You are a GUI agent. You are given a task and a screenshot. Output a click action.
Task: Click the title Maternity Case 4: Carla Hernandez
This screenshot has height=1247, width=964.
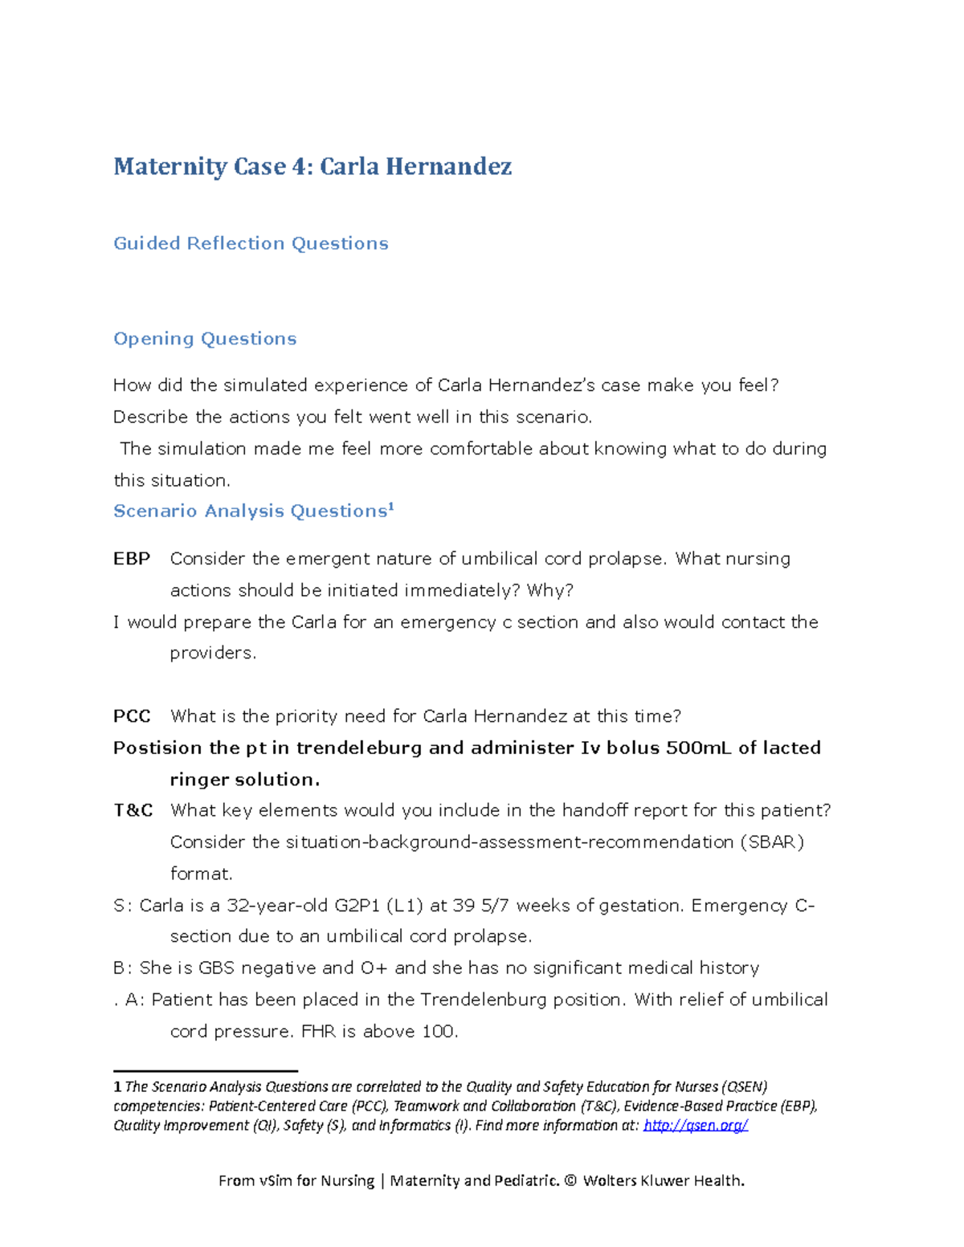312,167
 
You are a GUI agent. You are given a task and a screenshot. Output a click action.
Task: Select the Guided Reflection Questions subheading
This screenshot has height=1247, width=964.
251,243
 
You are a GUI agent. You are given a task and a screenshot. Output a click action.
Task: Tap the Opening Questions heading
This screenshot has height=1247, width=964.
205,339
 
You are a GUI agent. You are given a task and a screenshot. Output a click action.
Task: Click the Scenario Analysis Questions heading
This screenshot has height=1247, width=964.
251,511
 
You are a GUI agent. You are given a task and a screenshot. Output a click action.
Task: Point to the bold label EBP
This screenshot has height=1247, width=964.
132,559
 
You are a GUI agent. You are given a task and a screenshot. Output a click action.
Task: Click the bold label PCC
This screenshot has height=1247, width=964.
132,716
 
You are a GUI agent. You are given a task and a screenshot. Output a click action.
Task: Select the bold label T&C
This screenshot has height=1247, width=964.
133,810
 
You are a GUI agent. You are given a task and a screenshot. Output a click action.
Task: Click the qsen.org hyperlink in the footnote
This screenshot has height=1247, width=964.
696,1125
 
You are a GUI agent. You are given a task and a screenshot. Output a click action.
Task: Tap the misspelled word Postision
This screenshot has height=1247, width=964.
157,748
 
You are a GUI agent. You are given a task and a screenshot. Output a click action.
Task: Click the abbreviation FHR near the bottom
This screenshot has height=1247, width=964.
318,1032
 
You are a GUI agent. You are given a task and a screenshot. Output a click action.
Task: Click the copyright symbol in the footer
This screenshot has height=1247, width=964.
570,1180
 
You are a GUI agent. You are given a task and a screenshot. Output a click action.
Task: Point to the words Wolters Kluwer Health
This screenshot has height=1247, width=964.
664,1180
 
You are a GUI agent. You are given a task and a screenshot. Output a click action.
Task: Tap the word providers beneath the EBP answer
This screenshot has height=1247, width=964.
213,654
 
